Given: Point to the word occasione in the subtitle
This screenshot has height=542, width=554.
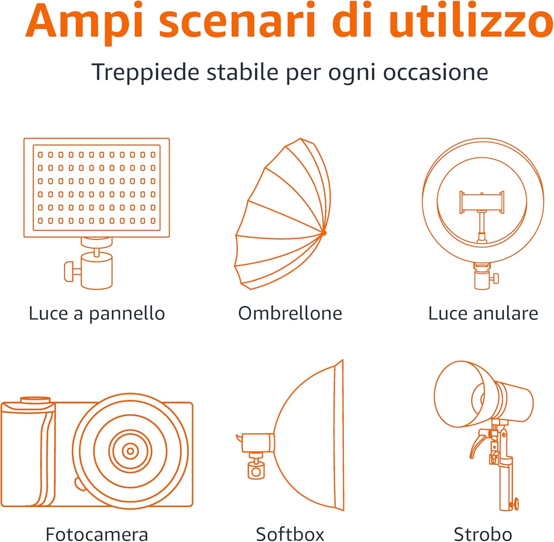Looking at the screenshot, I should click(x=435, y=72).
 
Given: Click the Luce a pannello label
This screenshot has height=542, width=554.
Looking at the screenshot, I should click(x=97, y=314).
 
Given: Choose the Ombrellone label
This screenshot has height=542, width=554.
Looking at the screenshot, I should click(x=290, y=313).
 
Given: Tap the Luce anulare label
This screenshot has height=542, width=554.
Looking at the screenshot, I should click(x=483, y=313).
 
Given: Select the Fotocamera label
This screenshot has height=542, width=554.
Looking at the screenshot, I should click(x=97, y=534).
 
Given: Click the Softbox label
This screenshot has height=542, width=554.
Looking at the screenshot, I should click(x=290, y=534).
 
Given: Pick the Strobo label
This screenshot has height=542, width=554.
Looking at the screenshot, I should click(x=483, y=534).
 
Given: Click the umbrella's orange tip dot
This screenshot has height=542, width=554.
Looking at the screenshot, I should click(x=324, y=233).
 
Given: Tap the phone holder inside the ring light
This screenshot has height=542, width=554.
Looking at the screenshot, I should click(x=482, y=203).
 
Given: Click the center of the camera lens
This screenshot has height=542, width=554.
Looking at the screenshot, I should click(x=130, y=451).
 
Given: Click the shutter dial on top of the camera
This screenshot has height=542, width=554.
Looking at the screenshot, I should click(x=35, y=400).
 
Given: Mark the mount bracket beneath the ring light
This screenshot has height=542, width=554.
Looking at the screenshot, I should click(x=482, y=277).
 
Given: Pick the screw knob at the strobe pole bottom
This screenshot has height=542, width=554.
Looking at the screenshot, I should click(x=514, y=504).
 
